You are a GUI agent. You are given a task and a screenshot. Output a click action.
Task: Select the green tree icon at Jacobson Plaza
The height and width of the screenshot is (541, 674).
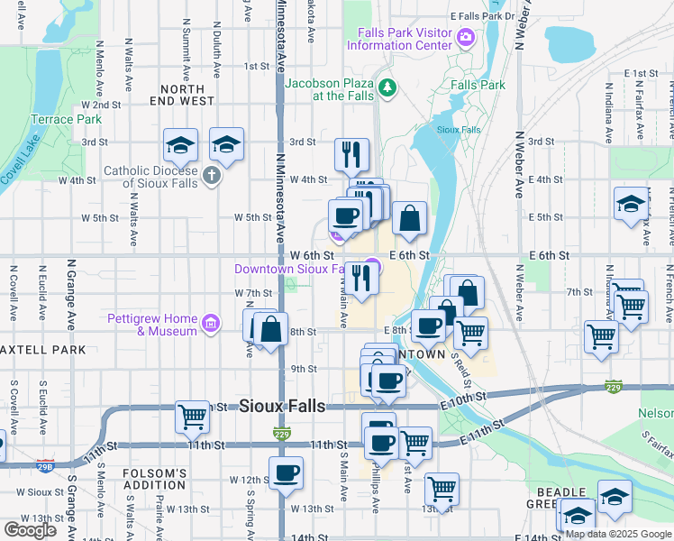tap(387, 87)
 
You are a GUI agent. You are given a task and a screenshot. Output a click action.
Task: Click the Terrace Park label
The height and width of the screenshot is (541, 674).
tap(66, 119)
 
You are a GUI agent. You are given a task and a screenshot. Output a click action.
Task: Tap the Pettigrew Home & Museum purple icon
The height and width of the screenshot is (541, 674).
tap(211, 323)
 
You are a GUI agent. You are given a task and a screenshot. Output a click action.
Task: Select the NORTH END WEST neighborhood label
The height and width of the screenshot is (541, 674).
tap(187, 95)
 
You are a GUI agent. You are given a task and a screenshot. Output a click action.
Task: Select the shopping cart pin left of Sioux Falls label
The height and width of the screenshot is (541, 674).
tap(192, 416)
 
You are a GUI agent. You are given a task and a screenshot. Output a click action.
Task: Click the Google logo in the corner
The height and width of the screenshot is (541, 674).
tap(31, 529)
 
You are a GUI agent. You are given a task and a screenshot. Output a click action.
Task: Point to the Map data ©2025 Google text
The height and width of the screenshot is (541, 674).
tap(618, 534)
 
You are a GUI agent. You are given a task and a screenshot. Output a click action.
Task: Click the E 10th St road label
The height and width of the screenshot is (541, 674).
tap(464, 399)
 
